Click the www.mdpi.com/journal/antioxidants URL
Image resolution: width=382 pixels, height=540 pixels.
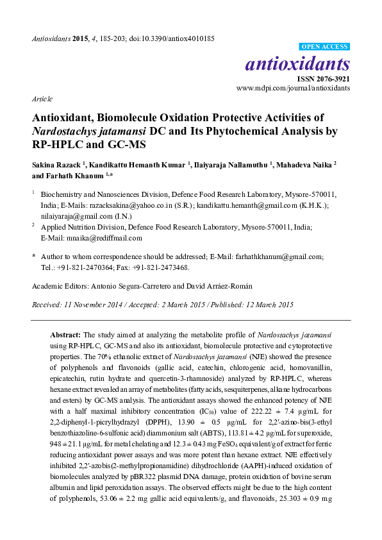[x=294, y=88]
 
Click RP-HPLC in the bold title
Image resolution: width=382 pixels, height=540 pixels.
[x=45, y=144]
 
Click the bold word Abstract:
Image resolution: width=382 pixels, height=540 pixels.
[x=66, y=335]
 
